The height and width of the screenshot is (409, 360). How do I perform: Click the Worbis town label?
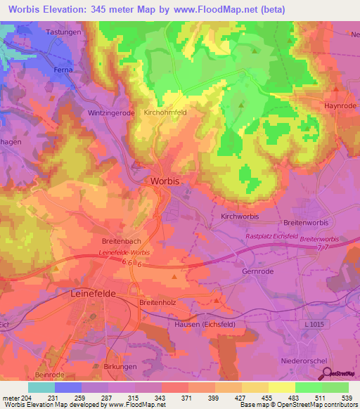[x=165, y=181]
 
